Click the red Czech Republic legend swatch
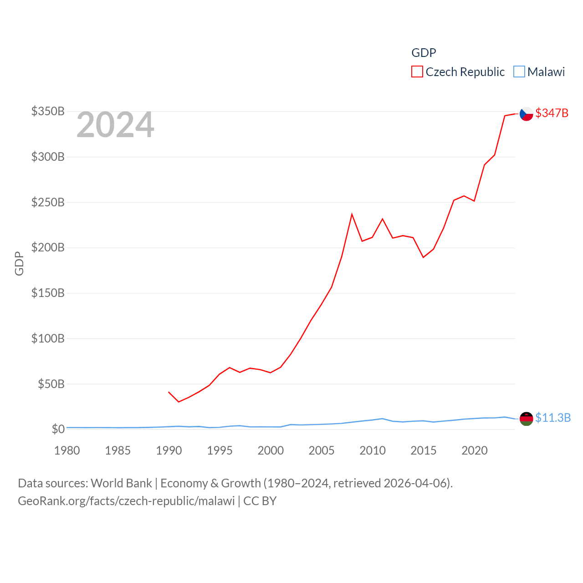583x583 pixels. [417, 72]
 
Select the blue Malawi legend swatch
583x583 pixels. [519, 72]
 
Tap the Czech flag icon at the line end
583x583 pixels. [526, 113]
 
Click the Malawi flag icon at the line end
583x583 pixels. [526, 418]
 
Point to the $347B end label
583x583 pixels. [552, 113]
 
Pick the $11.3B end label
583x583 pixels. [553, 418]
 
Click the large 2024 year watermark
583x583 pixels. [115, 125]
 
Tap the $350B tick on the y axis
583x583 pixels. [48, 111]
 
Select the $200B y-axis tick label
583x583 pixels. [48, 247]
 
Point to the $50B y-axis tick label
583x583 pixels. [51, 384]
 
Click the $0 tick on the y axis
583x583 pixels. [58, 429]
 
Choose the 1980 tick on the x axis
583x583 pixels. [67, 450]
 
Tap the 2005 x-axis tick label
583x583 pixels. [322, 450]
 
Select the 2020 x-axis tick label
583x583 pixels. [475, 450]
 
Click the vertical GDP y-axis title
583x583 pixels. [19, 263]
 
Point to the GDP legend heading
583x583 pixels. [424, 53]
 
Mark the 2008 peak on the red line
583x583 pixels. [352, 214]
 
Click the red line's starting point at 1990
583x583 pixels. [169, 392]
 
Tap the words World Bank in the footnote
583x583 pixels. [121, 483]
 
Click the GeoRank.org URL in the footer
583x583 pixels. [126, 501]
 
